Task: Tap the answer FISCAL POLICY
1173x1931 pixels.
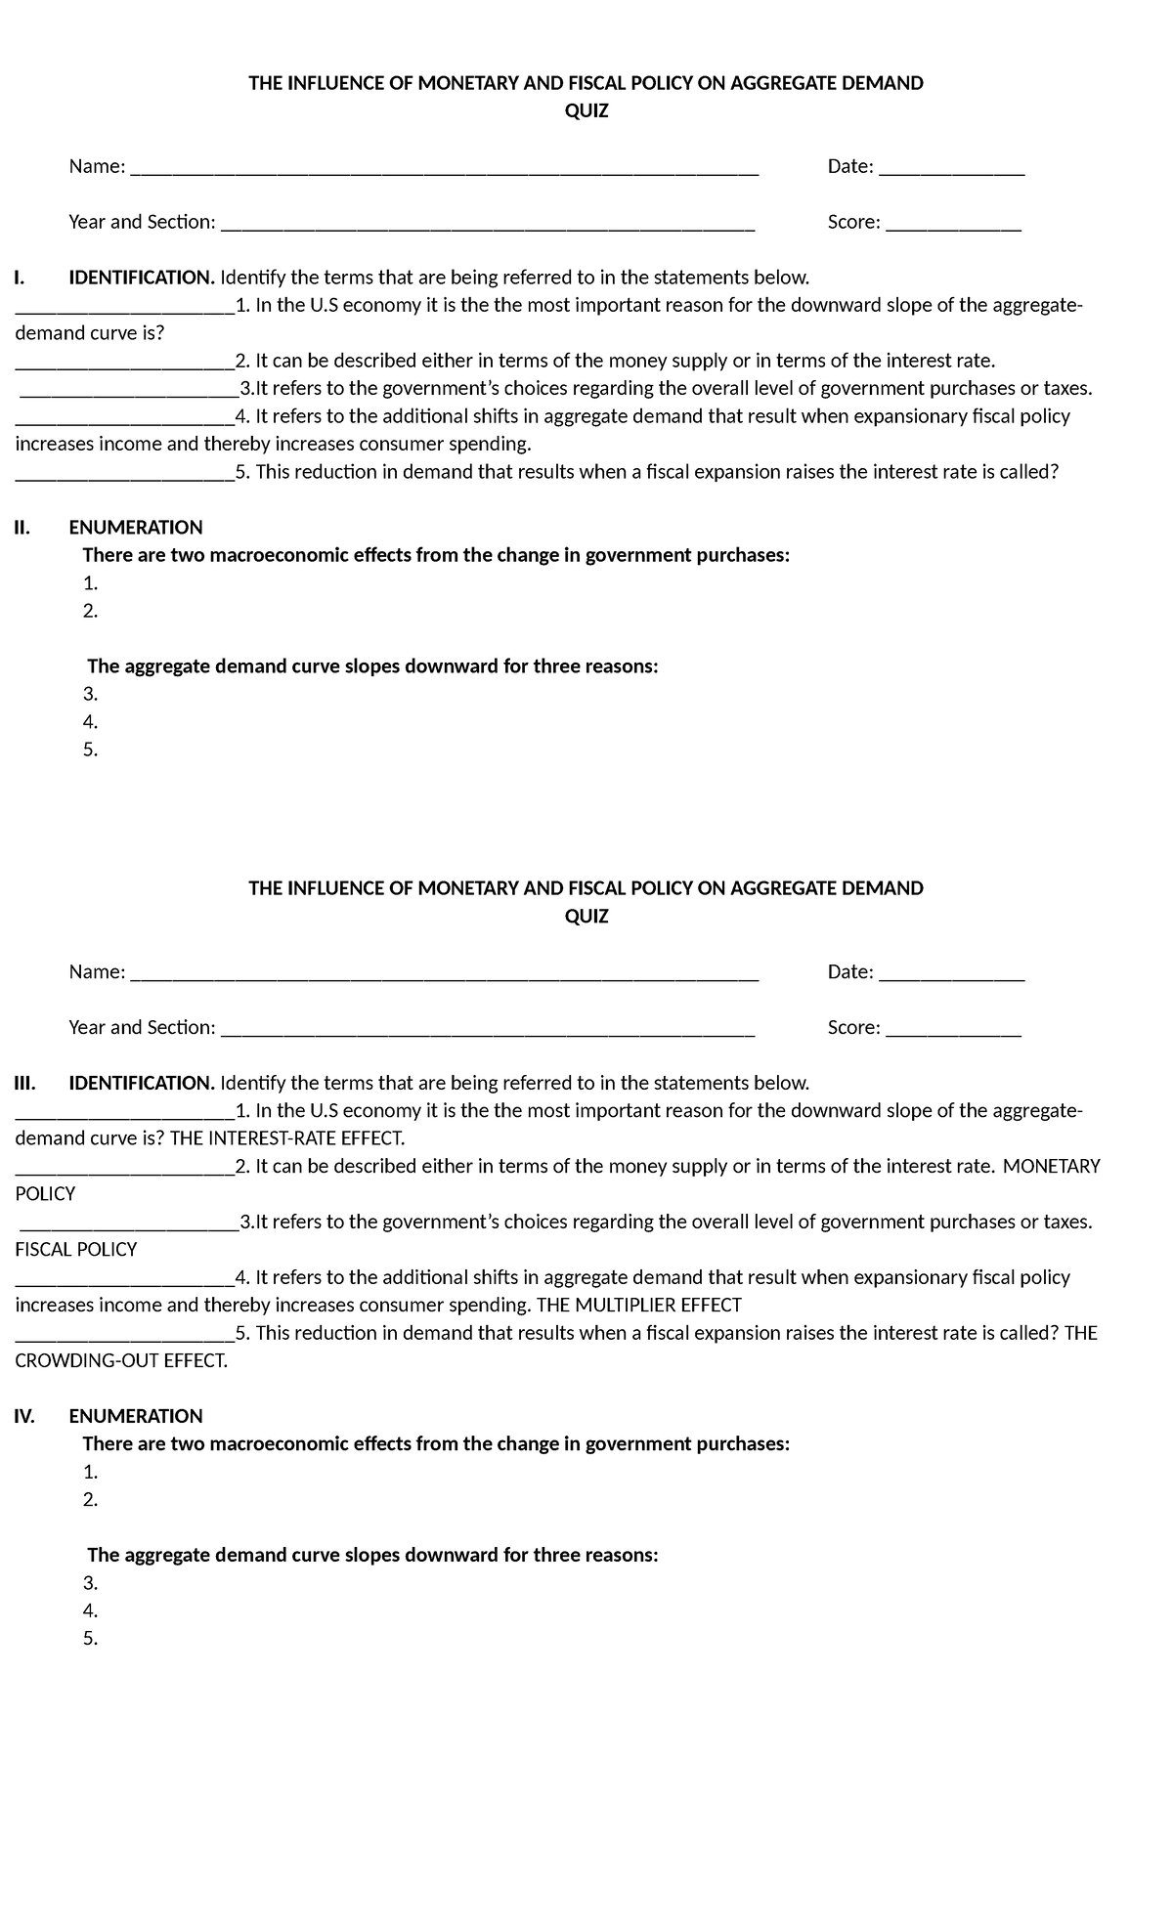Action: [x=76, y=1249]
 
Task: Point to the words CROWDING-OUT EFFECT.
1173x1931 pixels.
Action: [x=121, y=1360]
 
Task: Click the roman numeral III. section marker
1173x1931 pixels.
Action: [x=24, y=1083]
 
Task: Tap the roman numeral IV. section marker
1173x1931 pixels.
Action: [x=24, y=1416]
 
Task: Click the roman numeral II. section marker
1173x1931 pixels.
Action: [x=22, y=528]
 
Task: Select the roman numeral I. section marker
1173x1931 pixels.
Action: [x=19, y=278]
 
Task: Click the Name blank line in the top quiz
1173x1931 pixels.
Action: [x=444, y=168]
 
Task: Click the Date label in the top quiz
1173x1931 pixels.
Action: [x=849, y=166]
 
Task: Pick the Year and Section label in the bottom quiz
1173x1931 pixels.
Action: [x=142, y=1027]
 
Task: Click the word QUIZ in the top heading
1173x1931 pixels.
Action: [x=586, y=111]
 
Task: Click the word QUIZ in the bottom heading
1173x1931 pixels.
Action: [x=586, y=917]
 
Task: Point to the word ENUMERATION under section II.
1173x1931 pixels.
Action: [x=136, y=528]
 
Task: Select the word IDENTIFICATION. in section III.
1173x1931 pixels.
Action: [x=142, y=1083]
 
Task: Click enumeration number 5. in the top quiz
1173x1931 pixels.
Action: [x=90, y=751]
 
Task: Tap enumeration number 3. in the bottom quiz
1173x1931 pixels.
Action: [x=90, y=1583]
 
